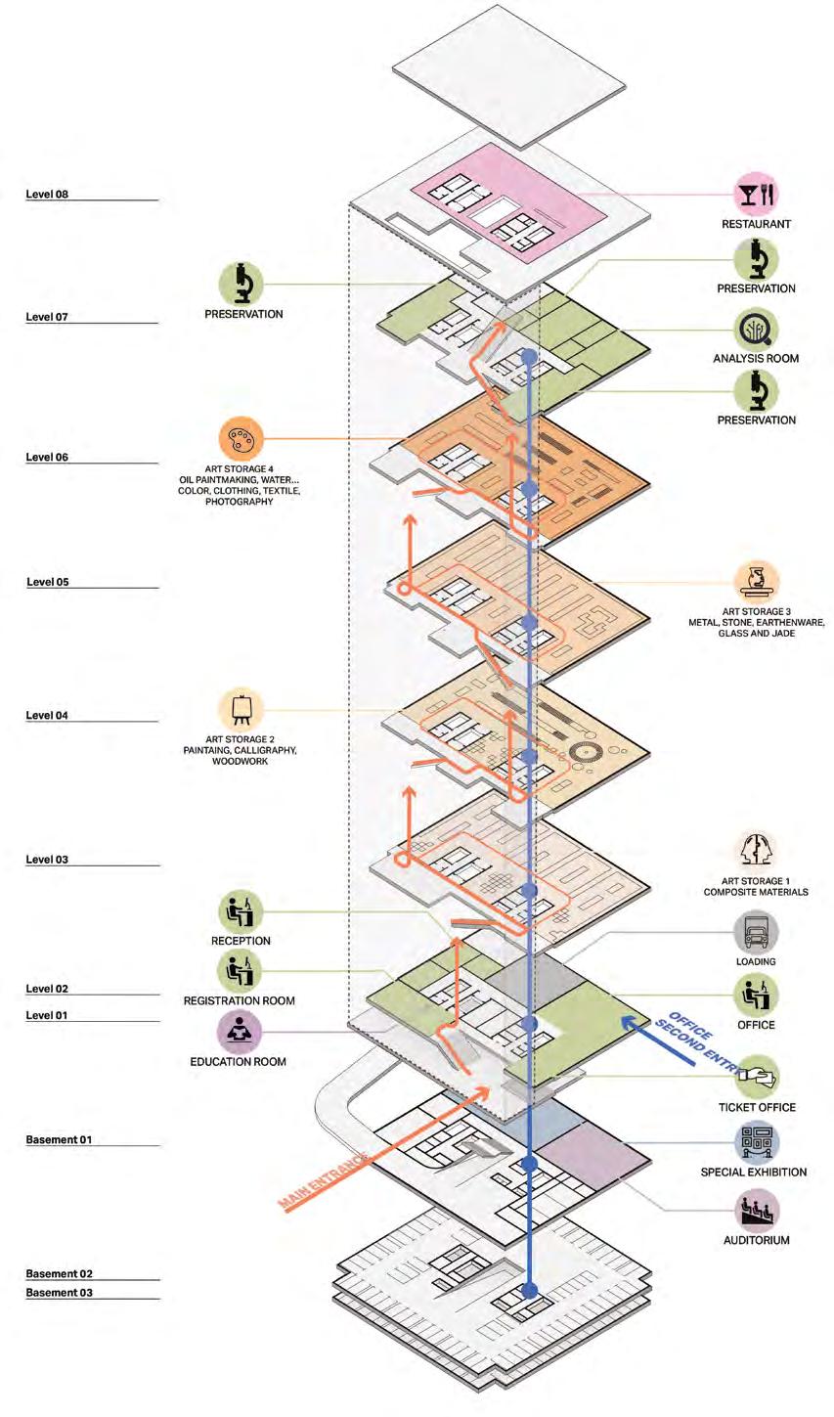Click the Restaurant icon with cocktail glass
757,195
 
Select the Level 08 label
47,195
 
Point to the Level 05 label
47,582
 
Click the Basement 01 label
58,1140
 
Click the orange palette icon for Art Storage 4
240,439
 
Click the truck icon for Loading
757,933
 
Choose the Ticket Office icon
757,1077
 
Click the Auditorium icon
757,1210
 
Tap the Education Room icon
240,1031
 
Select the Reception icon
240,910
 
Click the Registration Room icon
240,971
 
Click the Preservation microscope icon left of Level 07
240,285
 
